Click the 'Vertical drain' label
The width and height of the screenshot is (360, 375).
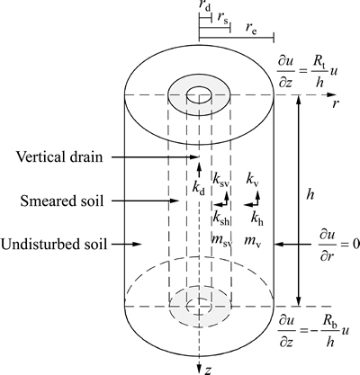[59, 156]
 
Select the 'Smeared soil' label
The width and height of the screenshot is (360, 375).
[62, 201]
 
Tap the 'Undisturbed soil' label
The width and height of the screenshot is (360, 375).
[54, 244]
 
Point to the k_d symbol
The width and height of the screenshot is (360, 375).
[199, 188]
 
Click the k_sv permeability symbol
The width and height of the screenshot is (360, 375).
[221, 179]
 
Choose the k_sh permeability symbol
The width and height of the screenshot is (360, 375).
[221, 219]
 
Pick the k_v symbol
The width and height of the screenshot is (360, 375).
[253, 179]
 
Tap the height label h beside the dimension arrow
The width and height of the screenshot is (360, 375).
[310, 195]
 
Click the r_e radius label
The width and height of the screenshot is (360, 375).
[251, 28]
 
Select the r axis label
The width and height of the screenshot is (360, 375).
[336, 103]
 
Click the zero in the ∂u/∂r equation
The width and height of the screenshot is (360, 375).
[356, 245]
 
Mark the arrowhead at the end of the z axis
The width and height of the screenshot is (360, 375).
[199, 370]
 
